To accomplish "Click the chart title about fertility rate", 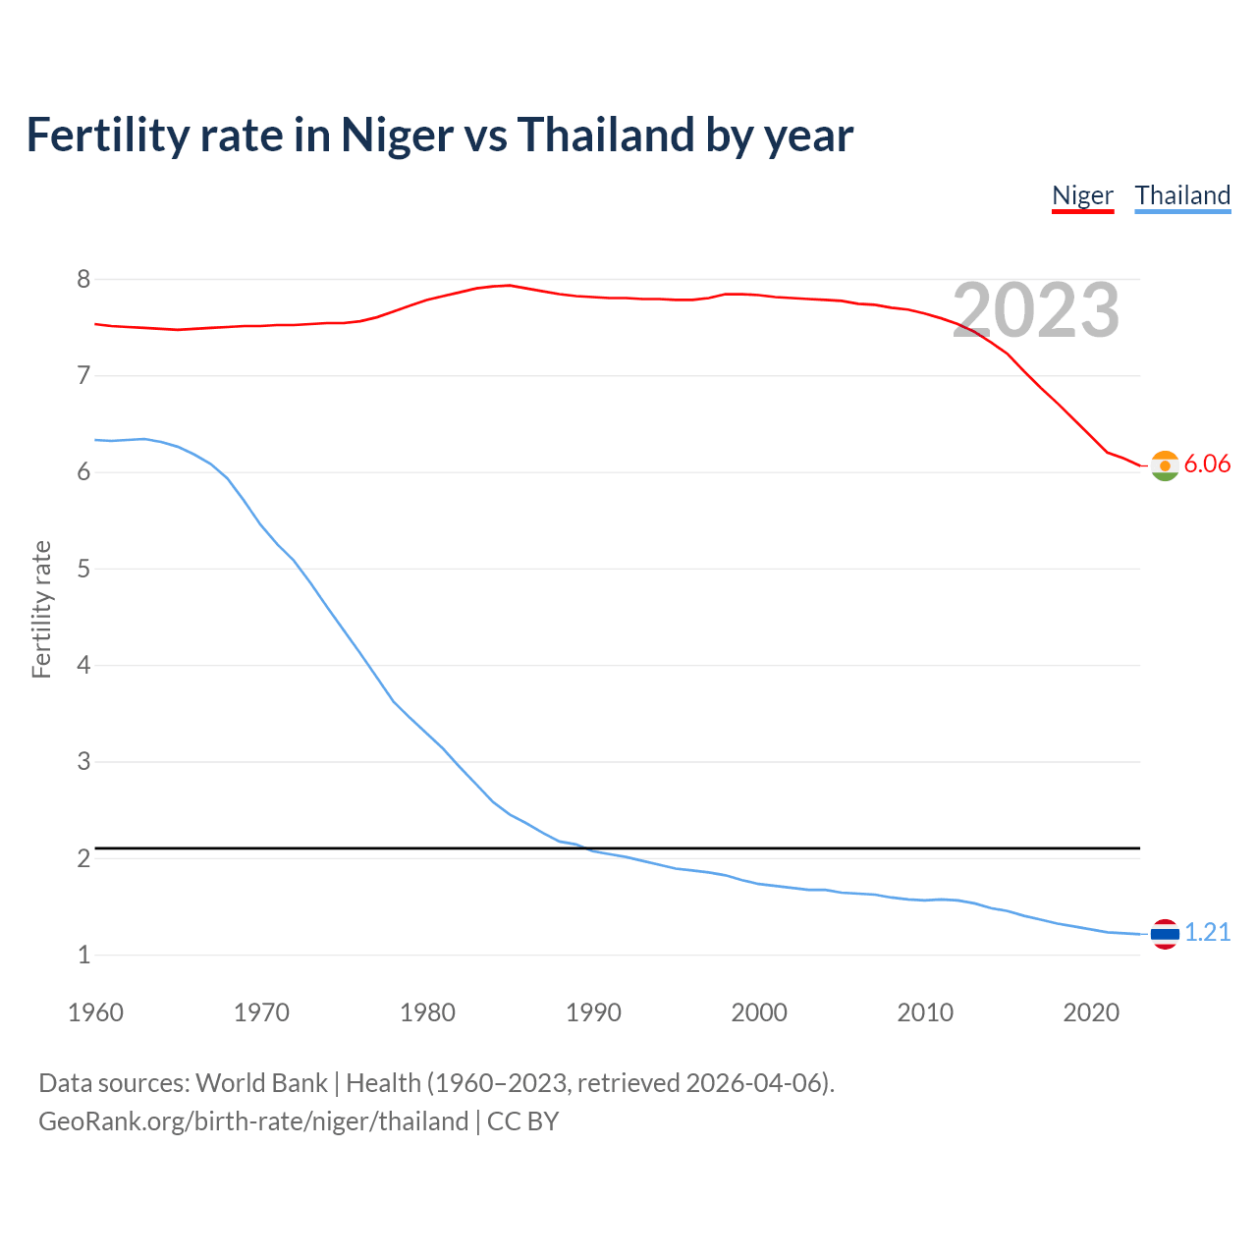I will pos(439,136).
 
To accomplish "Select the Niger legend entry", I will pos(1082,195).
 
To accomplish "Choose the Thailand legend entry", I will pos(1182,195).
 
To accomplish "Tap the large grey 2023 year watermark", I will pos(1035,310).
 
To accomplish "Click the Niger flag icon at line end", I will pos(1165,465).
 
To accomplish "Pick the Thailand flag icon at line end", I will pos(1165,934).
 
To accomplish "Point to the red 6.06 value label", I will pos(1207,465).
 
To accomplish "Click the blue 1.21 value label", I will pos(1207,933).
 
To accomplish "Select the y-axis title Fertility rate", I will pos(41,609).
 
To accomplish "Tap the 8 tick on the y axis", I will pos(83,280).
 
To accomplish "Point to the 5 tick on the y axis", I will pos(83,570).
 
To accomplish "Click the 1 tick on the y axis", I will pos(83,955).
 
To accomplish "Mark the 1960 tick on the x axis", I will pos(95,1012).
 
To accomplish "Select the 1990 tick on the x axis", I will pos(593,1012).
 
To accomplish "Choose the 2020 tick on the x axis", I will pos(1091,1012).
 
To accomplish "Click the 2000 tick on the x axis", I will pos(759,1012).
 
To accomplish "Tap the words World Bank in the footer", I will pos(261,1083).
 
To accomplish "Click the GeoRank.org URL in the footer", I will pos(253,1121).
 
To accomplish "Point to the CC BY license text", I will pos(522,1121).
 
